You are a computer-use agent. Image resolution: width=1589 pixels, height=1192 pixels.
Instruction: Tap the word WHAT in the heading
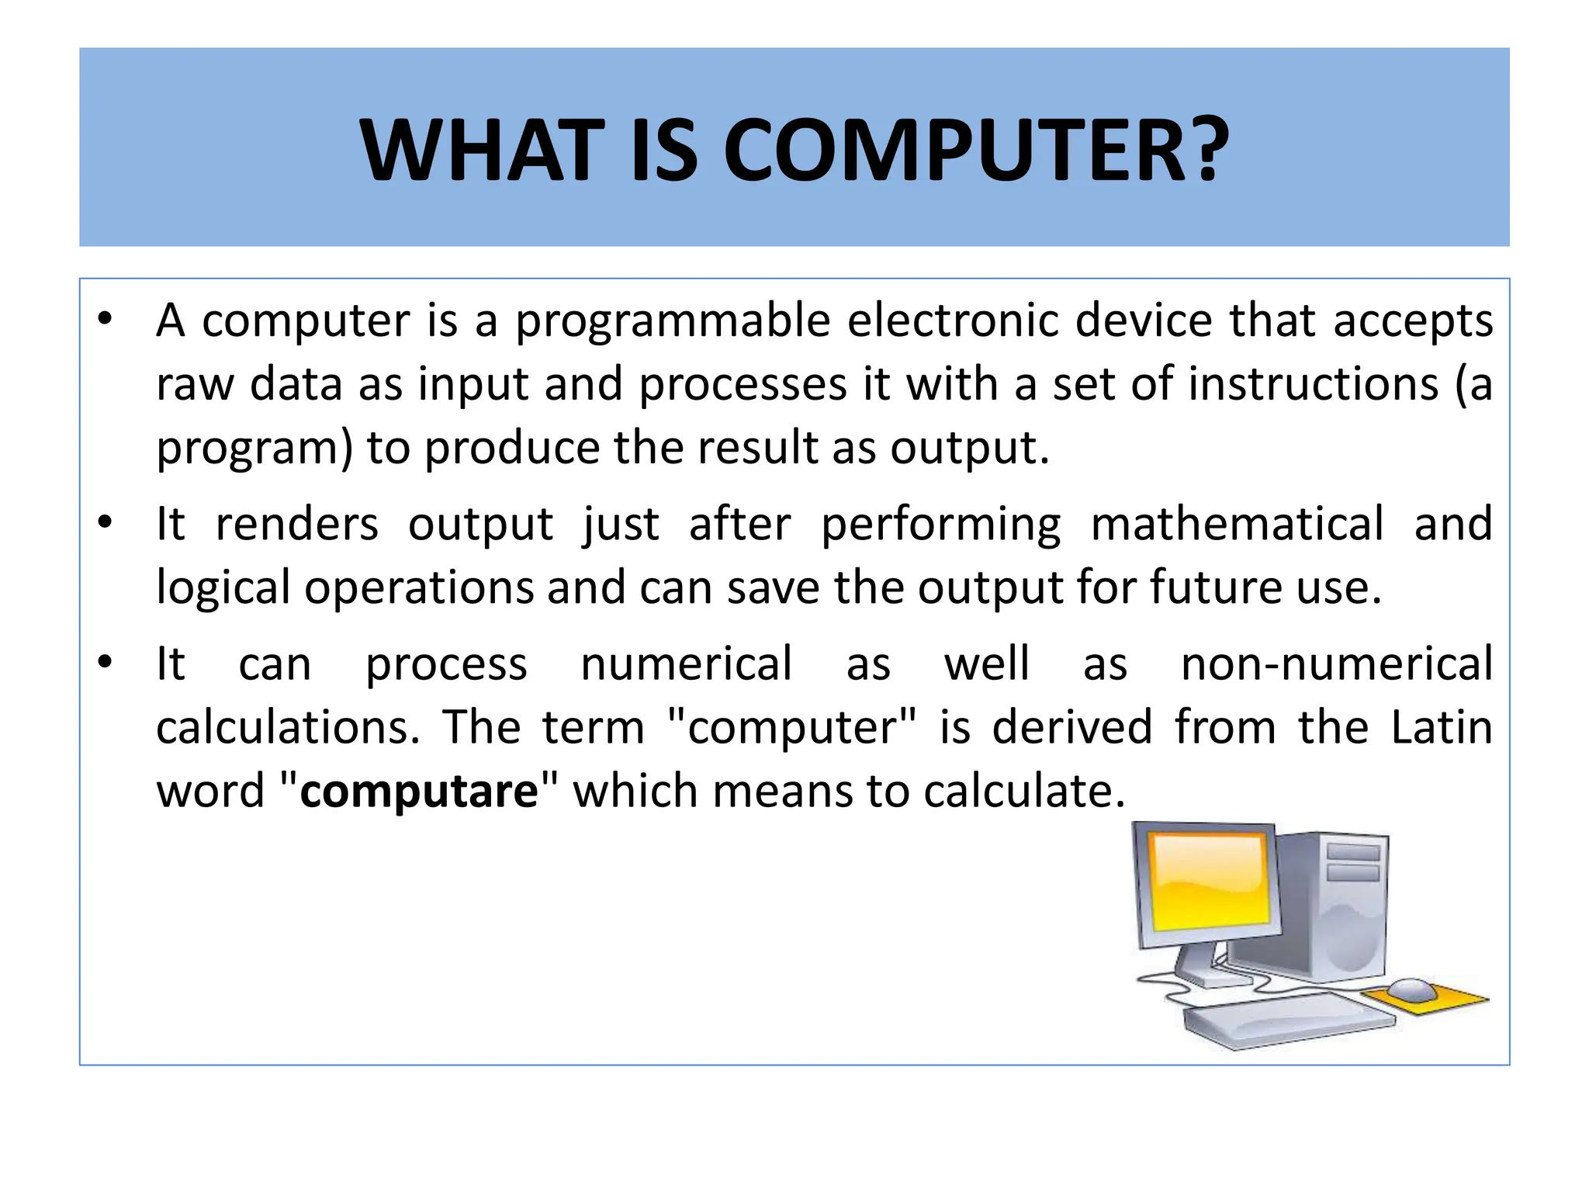click(x=482, y=151)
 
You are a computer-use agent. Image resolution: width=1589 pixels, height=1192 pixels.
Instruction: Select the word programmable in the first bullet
click(x=673, y=321)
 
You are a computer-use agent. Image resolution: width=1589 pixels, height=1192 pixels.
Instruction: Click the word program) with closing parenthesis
click(x=255, y=449)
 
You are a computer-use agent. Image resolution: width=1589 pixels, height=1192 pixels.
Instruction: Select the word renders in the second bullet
click(x=297, y=524)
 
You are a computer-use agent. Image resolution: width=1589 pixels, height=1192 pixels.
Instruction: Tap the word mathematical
click(x=1237, y=524)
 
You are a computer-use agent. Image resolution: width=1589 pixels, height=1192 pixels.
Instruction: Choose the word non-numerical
click(x=1336, y=664)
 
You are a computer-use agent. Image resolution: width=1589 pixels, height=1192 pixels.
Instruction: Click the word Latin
click(x=1441, y=728)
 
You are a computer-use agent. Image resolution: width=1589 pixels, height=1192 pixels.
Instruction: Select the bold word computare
click(x=419, y=792)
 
